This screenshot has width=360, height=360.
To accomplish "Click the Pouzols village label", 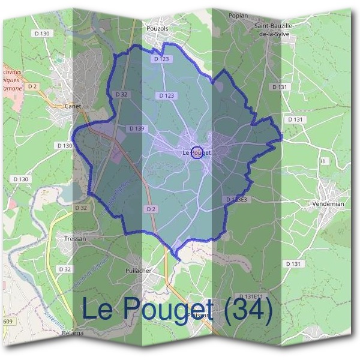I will click(x=158, y=28).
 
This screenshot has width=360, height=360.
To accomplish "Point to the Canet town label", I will click(x=74, y=106).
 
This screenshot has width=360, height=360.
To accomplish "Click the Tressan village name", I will click(x=75, y=238).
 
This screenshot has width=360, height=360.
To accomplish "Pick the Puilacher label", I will click(x=139, y=271).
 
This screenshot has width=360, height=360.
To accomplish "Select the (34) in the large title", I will click(x=249, y=308).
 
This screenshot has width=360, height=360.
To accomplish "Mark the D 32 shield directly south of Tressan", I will click(x=65, y=269).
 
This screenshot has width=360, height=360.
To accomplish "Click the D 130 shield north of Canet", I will click(x=43, y=34).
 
